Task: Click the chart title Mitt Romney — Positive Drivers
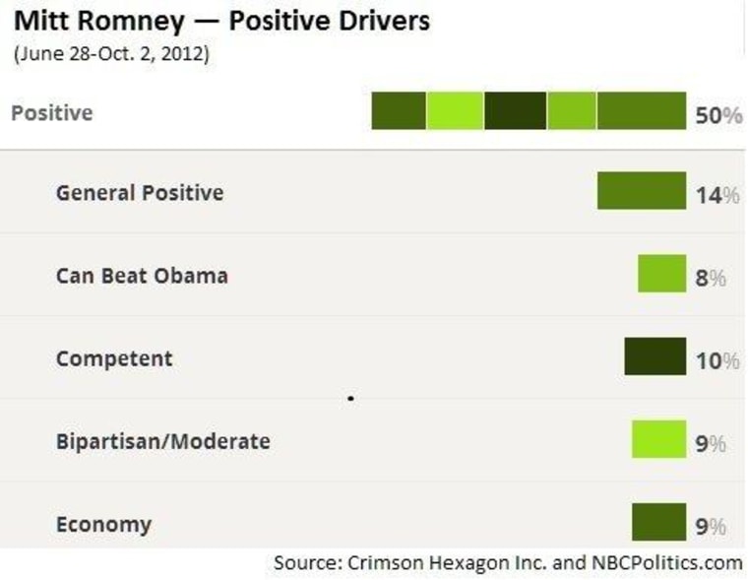(220, 21)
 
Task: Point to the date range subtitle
(111, 53)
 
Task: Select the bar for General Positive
(641, 191)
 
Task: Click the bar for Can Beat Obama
(661, 274)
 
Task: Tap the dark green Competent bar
(654, 356)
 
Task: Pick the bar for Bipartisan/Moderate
(658, 439)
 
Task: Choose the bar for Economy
(658, 522)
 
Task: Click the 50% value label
(717, 115)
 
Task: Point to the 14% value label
(717, 195)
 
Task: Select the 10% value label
(717, 360)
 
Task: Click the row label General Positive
(140, 192)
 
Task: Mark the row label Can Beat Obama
(142, 275)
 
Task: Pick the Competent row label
(114, 357)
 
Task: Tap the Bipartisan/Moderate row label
(162, 440)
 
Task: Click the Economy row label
(103, 523)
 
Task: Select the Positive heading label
(52, 112)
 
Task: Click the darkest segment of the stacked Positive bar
(515, 110)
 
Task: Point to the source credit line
(508, 563)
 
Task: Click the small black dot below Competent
(351, 399)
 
